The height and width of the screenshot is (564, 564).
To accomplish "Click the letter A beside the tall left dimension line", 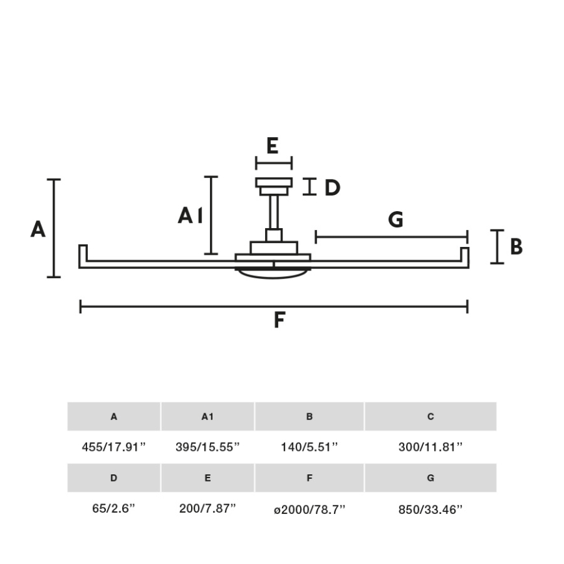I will tap(38, 229).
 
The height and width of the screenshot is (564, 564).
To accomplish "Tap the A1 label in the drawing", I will tap(190, 216).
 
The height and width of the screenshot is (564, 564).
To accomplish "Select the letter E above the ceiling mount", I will tap(272, 146).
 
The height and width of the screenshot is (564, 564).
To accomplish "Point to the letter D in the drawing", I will tap(332, 188).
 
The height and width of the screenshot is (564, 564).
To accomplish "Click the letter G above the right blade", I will tap(395, 220).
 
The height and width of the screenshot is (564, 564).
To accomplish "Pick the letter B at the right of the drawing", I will tap(516, 247).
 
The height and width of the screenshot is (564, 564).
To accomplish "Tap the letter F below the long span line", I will tap(279, 320).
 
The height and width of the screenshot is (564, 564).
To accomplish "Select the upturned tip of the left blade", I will tap(83, 252).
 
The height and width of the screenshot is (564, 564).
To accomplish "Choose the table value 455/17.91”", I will tap(114, 447).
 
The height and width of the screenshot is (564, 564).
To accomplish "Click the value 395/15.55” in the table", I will tap(207, 447).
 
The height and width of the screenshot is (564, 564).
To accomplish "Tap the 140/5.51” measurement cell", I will tap(309, 447).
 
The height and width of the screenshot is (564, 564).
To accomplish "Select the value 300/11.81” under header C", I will tap(430, 447).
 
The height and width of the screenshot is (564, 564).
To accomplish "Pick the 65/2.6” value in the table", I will tap(114, 509).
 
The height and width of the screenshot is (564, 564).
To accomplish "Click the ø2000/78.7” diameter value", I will tap(309, 509).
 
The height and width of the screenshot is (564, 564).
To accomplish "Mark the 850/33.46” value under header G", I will tap(430, 509).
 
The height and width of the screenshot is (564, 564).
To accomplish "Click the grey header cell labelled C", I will tap(430, 417).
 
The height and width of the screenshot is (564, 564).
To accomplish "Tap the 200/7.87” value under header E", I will tap(207, 509).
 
